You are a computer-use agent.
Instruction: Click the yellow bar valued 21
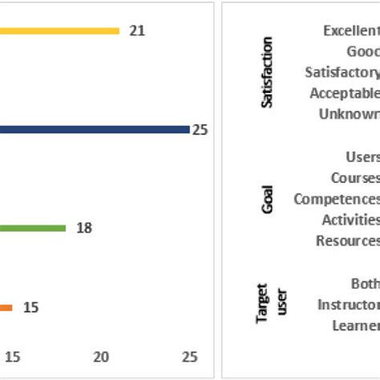point(60,31)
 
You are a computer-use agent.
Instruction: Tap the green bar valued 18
point(33,228)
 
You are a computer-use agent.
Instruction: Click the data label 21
point(137,31)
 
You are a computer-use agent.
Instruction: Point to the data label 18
point(84,228)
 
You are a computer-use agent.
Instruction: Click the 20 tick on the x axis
point(102,357)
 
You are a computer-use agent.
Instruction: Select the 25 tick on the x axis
point(189,357)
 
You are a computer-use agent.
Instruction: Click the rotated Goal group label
point(268,199)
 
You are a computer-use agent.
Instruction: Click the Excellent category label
point(351,31)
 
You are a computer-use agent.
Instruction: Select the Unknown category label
point(350,114)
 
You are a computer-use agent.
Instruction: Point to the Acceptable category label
point(345,93)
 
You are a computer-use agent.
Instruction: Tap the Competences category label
point(337,199)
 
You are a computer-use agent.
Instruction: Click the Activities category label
point(350,220)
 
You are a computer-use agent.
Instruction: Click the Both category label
point(365,284)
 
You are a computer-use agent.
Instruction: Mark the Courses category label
point(354,178)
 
